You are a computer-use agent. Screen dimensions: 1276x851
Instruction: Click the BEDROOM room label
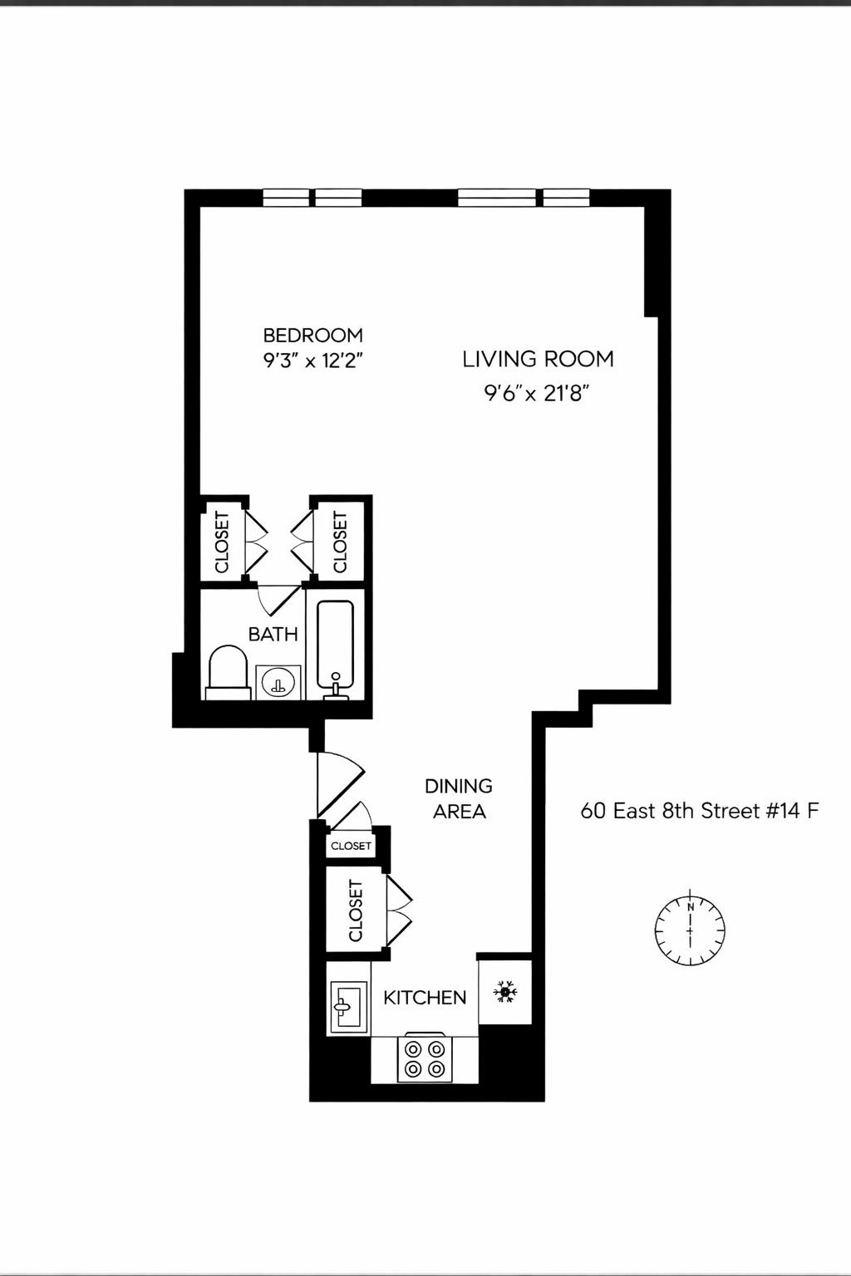312,335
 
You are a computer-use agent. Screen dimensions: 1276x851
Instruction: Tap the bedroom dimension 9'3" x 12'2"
314,361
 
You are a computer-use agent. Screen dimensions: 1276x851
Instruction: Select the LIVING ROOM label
538,359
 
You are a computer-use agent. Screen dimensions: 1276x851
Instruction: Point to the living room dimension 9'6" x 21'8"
536,393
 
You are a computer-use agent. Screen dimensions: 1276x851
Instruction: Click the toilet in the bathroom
228,672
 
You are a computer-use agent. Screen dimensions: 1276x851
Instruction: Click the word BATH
273,634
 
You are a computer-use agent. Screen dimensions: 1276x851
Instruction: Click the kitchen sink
348,1007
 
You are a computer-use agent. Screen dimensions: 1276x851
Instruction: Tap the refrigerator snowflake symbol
504,991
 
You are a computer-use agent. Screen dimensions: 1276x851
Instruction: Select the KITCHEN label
425,998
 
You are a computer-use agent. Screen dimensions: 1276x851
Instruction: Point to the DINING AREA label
459,798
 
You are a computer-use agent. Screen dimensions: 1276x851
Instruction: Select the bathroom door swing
278,598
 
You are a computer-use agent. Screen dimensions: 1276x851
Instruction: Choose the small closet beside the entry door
351,846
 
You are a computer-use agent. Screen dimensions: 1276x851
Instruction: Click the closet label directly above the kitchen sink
356,910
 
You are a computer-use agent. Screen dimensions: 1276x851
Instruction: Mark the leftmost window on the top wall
286,198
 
